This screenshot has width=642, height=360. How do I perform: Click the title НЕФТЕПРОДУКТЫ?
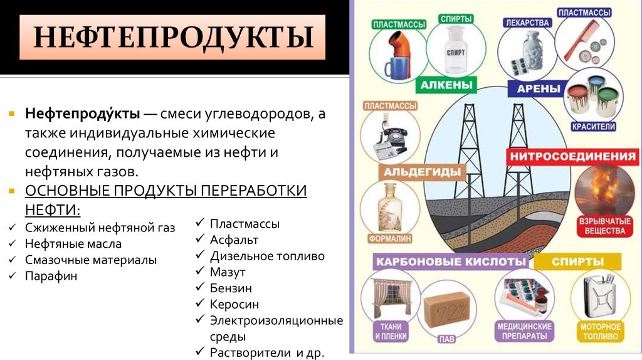(173, 37)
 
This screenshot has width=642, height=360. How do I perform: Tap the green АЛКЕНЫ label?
(446, 85)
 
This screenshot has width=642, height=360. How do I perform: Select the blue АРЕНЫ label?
(539, 88)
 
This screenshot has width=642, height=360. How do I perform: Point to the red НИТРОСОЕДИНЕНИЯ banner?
(572, 156)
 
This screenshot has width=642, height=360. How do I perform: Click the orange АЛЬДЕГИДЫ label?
(422, 172)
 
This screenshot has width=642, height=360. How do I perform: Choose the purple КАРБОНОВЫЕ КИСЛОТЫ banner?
(451, 262)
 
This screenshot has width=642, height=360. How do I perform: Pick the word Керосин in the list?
(234, 304)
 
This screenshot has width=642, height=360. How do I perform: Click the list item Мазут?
(228, 272)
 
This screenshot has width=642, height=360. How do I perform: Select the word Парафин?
(51, 276)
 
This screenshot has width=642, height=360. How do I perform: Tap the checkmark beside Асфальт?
(200, 239)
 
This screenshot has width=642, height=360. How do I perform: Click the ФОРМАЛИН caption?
(390, 238)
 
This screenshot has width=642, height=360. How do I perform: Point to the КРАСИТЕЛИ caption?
(593, 127)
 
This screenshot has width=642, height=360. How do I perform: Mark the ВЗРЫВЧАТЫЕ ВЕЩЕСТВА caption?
(604, 226)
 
